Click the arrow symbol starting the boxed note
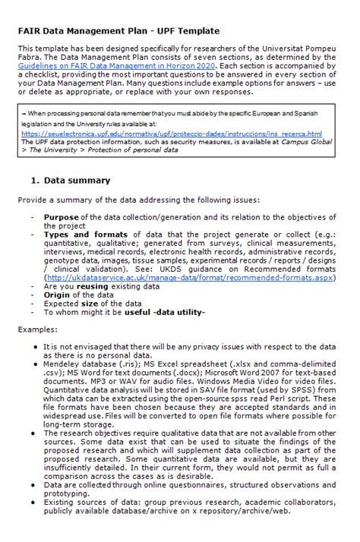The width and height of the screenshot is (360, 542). click(x=24, y=112)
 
